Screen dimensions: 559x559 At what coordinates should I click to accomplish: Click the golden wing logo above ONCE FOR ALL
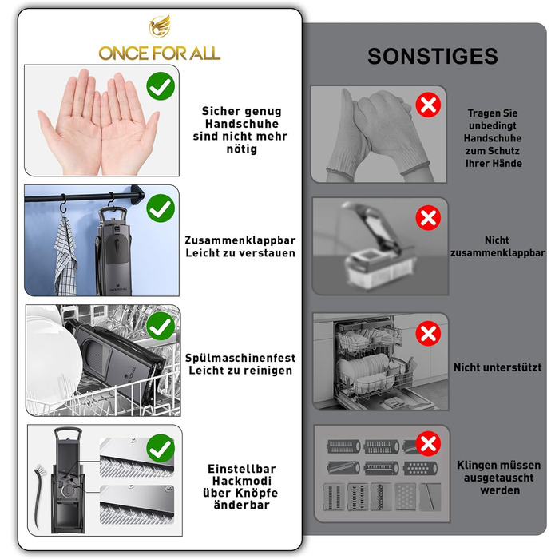tap(160, 26)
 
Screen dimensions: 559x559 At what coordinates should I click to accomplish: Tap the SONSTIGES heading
tap(433, 57)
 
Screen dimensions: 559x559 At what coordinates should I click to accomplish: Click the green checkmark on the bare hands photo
tap(161, 86)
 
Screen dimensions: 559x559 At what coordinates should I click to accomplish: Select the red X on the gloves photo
tap(428, 105)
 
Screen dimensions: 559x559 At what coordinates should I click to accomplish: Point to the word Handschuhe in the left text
tap(242, 124)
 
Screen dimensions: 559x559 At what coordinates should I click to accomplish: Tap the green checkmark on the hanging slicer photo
tap(161, 208)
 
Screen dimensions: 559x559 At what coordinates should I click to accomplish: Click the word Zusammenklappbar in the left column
tap(240, 240)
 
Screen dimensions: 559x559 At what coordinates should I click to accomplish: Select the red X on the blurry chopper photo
tap(428, 217)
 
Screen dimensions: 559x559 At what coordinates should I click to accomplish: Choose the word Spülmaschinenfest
tap(240, 358)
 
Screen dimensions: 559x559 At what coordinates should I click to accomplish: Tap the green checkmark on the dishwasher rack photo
tap(161, 326)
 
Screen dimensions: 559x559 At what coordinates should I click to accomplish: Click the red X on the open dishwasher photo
tap(428, 333)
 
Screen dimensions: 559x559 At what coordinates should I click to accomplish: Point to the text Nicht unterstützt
tap(498, 367)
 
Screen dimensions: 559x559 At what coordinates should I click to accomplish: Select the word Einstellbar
tap(242, 469)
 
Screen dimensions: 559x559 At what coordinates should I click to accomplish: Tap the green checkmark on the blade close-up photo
tap(161, 449)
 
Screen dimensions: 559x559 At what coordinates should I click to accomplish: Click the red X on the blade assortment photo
tap(428, 443)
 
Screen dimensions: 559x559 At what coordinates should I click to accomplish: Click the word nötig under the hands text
tap(242, 149)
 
